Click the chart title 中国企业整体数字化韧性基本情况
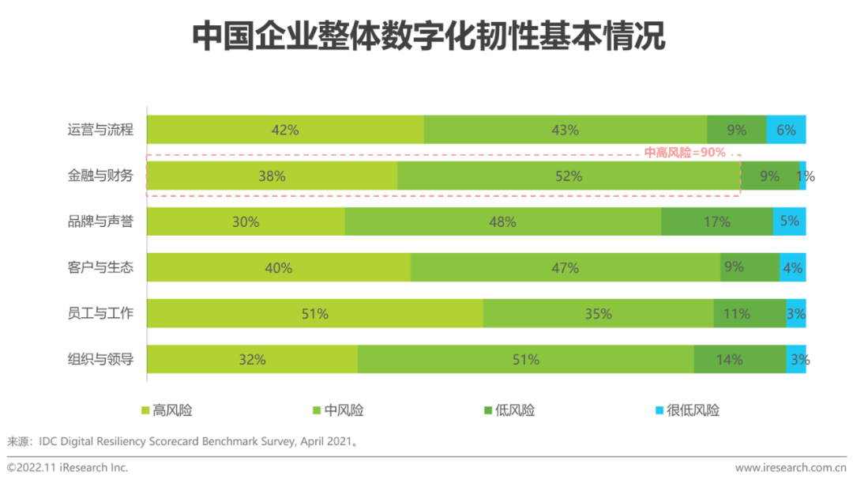click(x=428, y=37)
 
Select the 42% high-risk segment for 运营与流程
click(x=285, y=130)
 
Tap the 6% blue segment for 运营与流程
click(x=786, y=130)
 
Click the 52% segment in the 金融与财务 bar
click(x=569, y=176)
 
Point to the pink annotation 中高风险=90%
click(x=685, y=153)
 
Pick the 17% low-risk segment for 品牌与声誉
click(x=717, y=222)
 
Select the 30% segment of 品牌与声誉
click(x=246, y=222)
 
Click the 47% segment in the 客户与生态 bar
click(x=566, y=268)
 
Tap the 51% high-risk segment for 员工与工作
click(x=314, y=314)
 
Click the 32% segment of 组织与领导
click(x=252, y=360)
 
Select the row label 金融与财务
click(x=100, y=176)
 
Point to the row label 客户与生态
click(x=100, y=268)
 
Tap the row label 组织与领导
click(x=100, y=360)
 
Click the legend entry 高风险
click(x=167, y=410)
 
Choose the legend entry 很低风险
click(x=687, y=410)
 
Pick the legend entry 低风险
click(x=509, y=410)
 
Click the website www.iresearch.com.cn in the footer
click(x=791, y=468)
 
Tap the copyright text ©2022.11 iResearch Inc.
click(x=68, y=468)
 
